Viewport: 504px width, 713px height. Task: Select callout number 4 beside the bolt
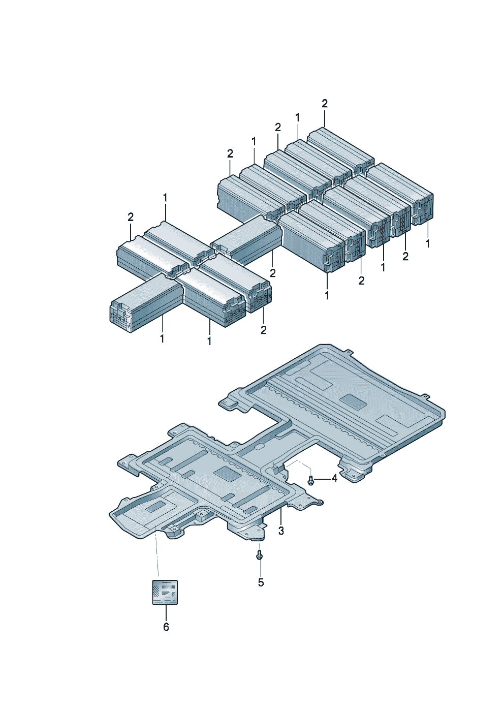tap(334, 487)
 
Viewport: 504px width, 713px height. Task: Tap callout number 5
tap(261, 582)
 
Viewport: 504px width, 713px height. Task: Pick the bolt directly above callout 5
tap(260, 555)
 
